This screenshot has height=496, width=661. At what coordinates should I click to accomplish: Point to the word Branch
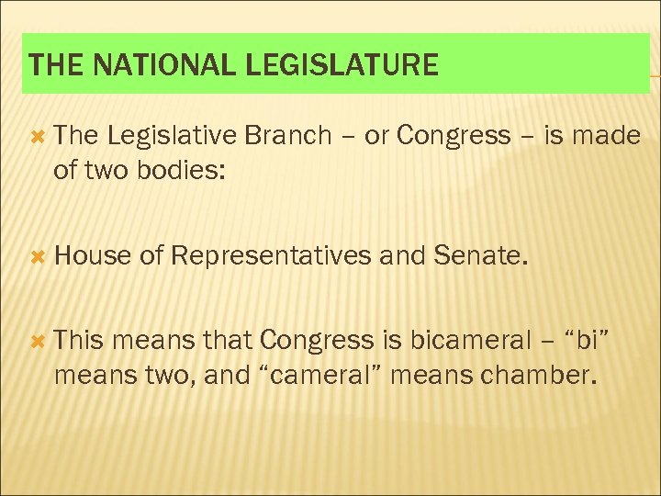pos(289,136)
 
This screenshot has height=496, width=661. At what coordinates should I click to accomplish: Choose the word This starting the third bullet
pos(80,341)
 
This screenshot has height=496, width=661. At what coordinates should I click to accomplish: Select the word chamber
pos(539,375)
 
